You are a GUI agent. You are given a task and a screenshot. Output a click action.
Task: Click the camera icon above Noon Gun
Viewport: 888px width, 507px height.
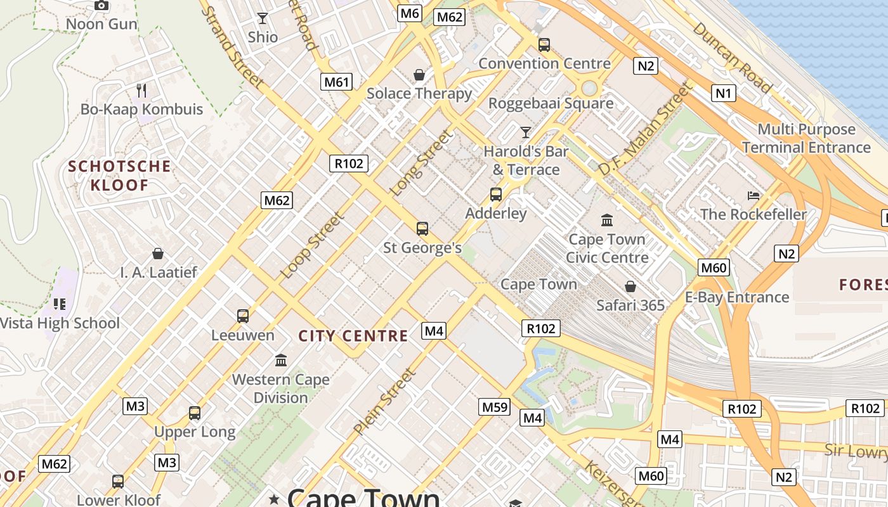[x=101, y=6]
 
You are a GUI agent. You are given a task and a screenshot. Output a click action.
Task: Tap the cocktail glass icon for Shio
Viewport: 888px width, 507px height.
[x=262, y=18]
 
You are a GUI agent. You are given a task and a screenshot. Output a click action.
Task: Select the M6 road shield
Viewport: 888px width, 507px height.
[x=410, y=13]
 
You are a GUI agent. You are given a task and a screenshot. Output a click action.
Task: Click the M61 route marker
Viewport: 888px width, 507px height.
[x=336, y=82]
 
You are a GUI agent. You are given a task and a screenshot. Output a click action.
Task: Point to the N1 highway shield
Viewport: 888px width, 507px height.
[x=724, y=94]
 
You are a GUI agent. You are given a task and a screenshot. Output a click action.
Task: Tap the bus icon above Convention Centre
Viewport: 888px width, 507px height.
[x=544, y=44]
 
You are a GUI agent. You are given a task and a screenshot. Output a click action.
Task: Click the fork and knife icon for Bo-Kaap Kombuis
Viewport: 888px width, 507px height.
[x=141, y=91]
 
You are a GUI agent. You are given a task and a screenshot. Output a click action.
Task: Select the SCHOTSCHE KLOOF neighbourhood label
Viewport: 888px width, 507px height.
[x=119, y=176]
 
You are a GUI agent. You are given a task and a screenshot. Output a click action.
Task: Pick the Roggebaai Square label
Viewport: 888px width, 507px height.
[x=551, y=103]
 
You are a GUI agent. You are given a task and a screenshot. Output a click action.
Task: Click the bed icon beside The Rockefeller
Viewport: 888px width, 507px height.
[x=753, y=195]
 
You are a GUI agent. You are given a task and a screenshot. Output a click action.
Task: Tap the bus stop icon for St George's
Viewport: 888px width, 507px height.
[x=422, y=229]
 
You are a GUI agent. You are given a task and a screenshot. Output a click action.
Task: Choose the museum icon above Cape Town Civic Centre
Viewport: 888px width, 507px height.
[x=607, y=221]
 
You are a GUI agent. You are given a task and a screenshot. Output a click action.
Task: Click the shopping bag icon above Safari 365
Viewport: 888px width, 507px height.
[x=630, y=286]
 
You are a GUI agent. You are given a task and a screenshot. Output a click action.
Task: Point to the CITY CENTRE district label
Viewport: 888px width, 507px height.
[x=353, y=336]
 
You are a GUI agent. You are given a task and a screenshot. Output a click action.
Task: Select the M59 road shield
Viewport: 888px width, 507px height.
[x=495, y=407]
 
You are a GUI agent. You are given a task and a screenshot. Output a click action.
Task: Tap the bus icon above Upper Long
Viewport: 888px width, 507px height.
[x=195, y=413]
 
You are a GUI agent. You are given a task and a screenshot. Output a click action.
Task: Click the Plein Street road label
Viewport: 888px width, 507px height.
[x=385, y=402]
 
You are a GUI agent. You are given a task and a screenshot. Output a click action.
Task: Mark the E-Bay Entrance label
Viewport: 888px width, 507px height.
[x=737, y=297]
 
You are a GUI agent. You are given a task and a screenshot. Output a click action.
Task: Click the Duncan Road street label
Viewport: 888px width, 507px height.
[x=732, y=58]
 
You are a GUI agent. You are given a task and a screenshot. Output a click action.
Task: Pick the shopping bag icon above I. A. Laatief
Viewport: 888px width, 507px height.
[x=158, y=254]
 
